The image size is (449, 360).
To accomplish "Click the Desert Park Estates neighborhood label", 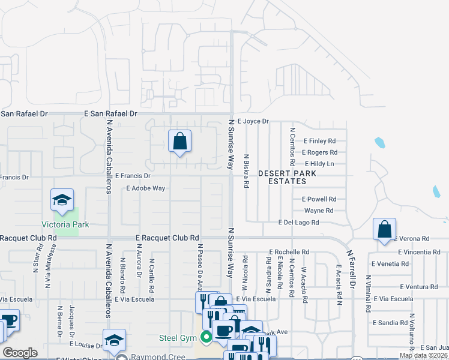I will coord(287,177).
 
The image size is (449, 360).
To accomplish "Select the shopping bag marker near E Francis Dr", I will coord(179,142).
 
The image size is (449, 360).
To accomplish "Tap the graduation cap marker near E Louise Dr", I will coord(113,341).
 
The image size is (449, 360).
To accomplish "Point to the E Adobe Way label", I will coord(145,188).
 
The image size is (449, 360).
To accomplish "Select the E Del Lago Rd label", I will coord(298,222).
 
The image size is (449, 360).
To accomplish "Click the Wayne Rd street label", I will coord(318,211).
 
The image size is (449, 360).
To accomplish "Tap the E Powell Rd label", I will coord(319,199).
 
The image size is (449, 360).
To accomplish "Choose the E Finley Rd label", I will coord(326,141).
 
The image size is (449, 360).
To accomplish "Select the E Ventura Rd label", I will coord(393,287).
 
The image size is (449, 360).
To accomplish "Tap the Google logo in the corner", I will coord(20,352).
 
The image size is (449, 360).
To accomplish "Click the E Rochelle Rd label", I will coord(289,252).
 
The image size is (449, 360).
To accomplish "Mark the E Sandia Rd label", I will coord(390,322).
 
